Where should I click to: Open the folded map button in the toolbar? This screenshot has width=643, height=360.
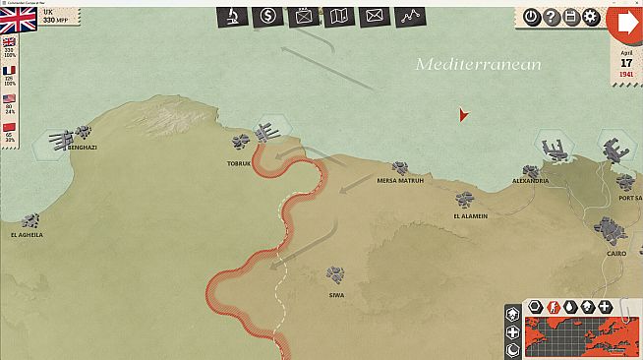338,15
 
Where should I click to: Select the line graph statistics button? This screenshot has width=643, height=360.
409,15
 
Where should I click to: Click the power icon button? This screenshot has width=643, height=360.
532,17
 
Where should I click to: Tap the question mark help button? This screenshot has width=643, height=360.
552,17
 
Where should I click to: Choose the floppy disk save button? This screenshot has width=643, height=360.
571,17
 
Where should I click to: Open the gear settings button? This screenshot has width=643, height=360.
591,17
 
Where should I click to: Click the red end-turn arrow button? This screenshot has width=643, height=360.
625,24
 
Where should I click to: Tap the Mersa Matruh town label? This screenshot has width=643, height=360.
400,181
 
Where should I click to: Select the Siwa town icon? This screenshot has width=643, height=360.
337,270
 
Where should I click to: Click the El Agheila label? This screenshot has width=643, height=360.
28,235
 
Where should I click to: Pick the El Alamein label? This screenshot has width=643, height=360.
470,216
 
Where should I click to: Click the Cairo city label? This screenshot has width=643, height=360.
617,253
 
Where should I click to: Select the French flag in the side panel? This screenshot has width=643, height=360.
10,71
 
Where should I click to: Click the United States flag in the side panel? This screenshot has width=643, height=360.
10,99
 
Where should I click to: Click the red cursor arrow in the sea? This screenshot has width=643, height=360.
463,115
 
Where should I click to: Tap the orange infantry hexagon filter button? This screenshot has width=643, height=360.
553,307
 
